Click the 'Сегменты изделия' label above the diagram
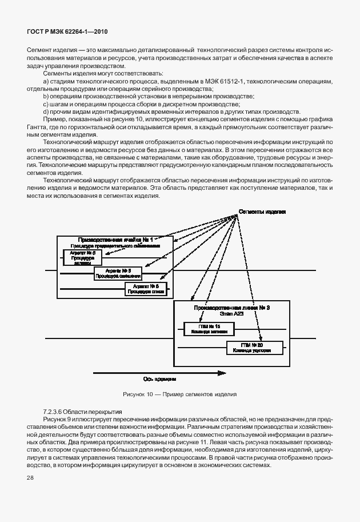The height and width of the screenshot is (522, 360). point(262,212)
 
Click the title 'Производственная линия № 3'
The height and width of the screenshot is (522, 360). point(231,308)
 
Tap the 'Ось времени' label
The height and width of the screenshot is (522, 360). point(159,378)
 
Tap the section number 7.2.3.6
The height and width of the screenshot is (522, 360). point(54,412)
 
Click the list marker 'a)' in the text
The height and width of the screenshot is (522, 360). point(45,83)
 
